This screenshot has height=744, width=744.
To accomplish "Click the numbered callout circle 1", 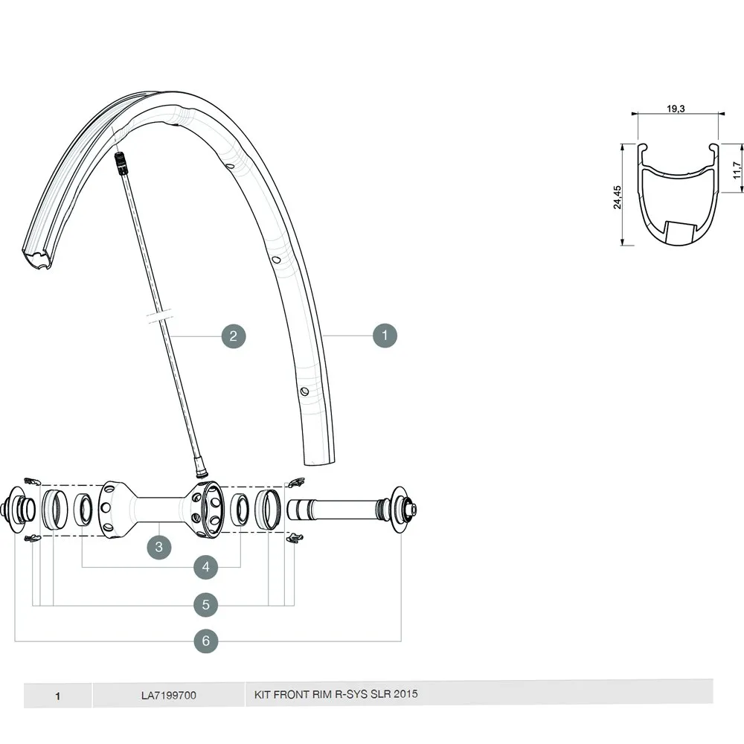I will pyautogui.click(x=385, y=336).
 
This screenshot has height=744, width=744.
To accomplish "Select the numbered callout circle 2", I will pyautogui.click(x=233, y=336).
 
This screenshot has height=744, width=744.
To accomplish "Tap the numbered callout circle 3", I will pyautogui.click(x=159, y=547).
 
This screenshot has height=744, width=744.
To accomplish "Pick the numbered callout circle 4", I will pyautogui.click(x=206, y=568).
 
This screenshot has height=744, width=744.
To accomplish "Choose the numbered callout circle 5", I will pyautogui.click(x=206, y=605).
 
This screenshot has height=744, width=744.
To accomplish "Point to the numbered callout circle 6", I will pyautogui.click(x=206, y=640).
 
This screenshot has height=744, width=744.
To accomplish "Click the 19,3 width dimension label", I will pyautogui.click(x=676, y=109).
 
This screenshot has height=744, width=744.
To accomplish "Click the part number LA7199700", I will pyautogui.click(x=169, y=696).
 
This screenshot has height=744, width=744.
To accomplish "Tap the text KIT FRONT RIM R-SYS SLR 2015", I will pyautogui.click(x=336, y=694).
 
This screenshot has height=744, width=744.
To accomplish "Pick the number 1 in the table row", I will pyautogui.click(x=57, y=696).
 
